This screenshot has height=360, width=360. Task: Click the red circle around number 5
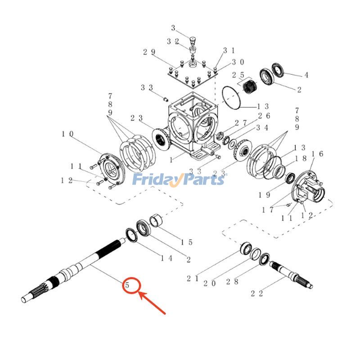click(132, 285)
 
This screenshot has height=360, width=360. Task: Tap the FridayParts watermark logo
click(179, 180)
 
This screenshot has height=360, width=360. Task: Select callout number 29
click(149, 52)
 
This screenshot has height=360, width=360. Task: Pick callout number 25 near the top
click(238, 75)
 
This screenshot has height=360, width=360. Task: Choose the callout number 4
click(306, 75)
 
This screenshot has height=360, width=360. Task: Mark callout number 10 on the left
click(67, 134)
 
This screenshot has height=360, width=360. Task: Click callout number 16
click(318, 154)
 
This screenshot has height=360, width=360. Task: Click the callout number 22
click(257, 293)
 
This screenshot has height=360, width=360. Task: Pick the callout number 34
click(263, 128)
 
